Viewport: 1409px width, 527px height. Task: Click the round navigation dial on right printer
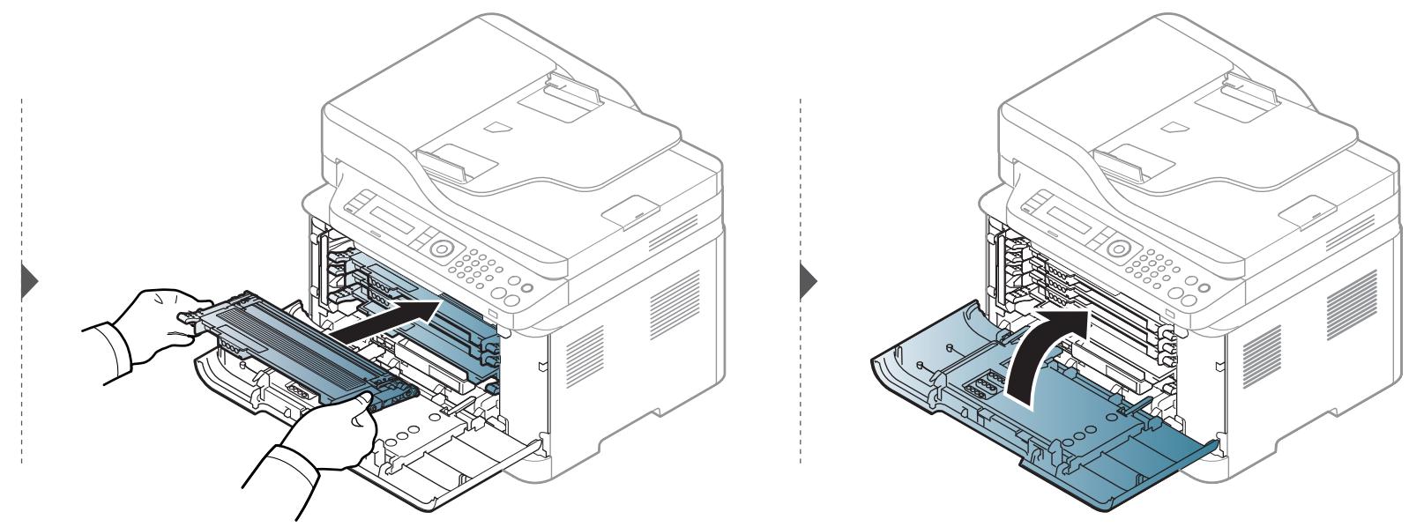click(x=1119, y=249)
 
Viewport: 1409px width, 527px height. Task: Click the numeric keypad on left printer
click(x=481, y=268)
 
